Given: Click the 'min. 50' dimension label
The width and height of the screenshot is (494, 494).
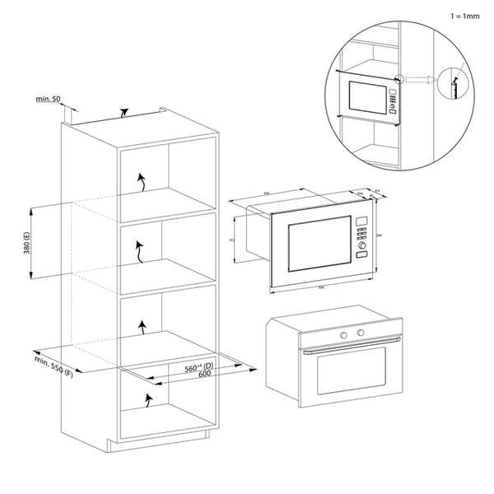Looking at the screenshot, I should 47,99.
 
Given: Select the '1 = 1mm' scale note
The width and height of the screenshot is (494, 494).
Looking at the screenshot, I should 465,16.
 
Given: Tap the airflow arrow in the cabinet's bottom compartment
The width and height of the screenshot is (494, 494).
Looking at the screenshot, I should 147,400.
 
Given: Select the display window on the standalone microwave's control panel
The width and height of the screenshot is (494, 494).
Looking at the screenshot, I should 361,220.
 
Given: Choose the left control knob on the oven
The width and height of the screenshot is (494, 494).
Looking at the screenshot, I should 343,334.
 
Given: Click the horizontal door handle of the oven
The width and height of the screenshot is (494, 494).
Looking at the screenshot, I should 350,350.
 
